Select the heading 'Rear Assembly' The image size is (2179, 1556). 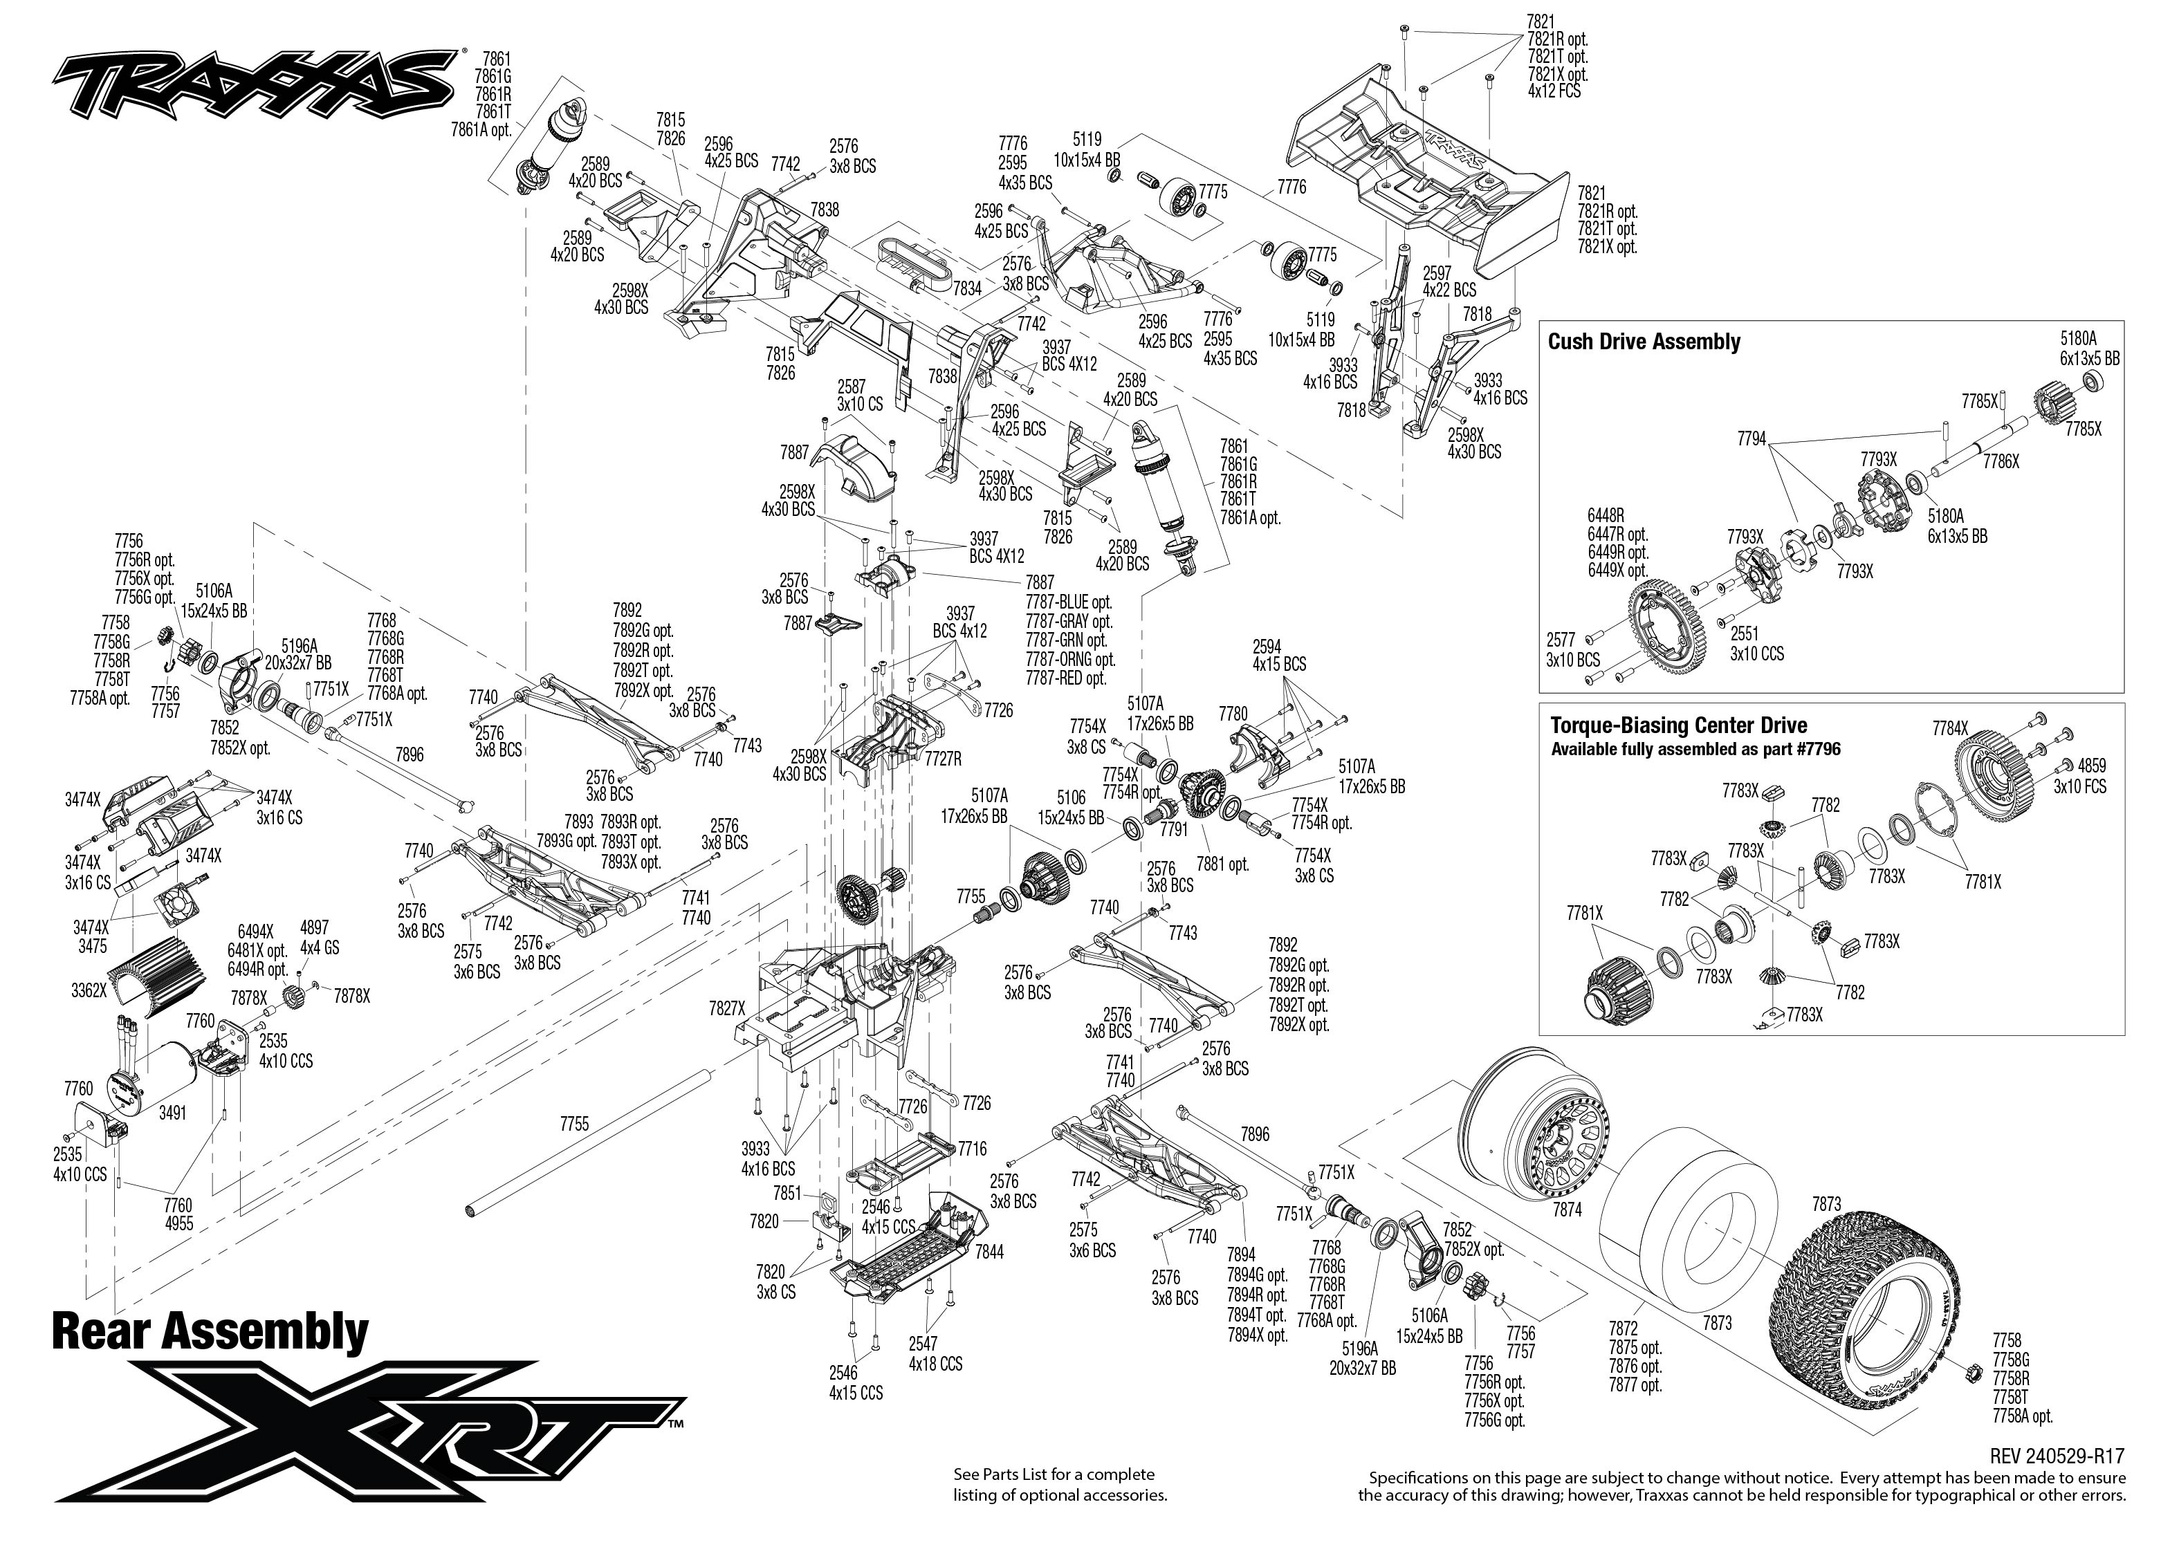tap(210, 1332)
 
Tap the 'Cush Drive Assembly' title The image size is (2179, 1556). tap(1644, 342)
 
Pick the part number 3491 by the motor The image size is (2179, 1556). tap(172, 1113)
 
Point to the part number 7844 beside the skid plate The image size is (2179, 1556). tap(989, 1251)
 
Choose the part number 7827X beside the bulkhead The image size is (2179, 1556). tap(726, 1008)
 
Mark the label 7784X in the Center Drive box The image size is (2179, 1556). tap(1950, 729)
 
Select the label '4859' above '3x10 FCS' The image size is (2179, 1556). tap(2092, 766)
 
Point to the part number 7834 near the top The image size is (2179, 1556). tap(967, 288)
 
